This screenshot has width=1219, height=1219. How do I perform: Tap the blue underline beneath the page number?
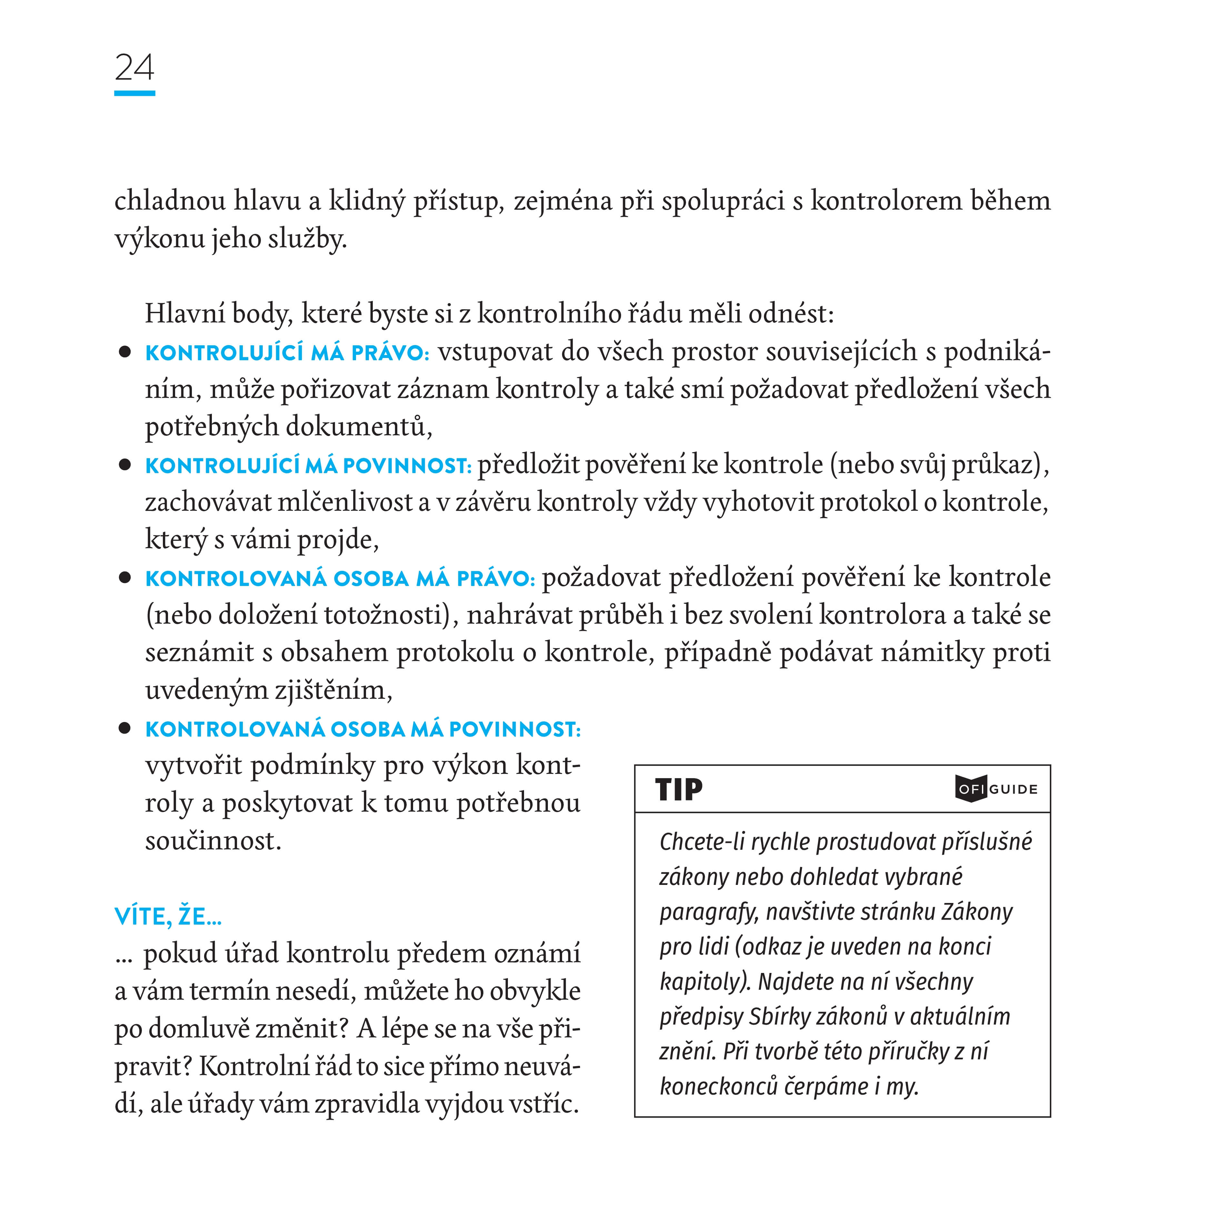[x=134, y=94]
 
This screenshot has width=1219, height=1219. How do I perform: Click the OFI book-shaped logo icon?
[x=970, y=789]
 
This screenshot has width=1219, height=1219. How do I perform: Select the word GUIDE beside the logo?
[x=1013, y=789]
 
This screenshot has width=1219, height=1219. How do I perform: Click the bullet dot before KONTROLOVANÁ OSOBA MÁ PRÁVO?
[x=125, y=578]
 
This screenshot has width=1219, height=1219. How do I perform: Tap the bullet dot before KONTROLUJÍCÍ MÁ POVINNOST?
[x=125, y=465]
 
